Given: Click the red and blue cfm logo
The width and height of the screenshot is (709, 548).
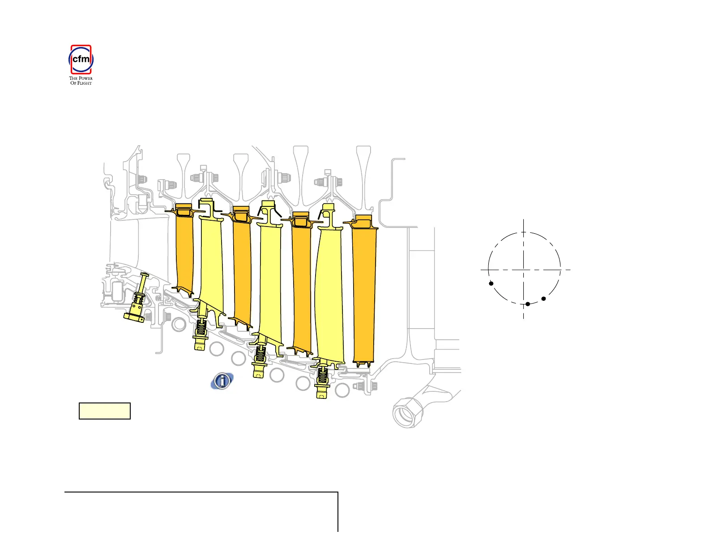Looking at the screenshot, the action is pos(81,60).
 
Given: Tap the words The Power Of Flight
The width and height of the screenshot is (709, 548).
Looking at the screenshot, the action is pos(81,81).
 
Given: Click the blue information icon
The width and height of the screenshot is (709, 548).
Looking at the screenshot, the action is pos(222,381).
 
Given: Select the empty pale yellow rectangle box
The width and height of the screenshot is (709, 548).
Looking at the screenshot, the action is pos(104,411).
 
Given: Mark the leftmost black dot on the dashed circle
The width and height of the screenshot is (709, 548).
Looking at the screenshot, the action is pos(491,283).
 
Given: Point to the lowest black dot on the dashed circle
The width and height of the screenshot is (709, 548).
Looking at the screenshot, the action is pos(528,304).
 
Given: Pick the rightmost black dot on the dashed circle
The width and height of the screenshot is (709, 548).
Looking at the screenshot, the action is pos(543,299).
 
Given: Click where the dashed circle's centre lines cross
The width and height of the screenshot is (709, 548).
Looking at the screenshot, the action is pos(524,270).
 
